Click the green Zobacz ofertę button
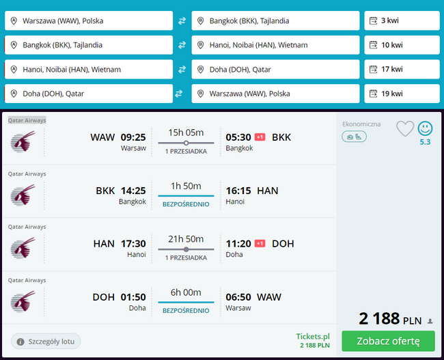pos(388,341)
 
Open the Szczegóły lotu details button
pos(46,342)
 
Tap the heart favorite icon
pos(405,128)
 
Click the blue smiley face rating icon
pos(425,128)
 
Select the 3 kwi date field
pos(402,20)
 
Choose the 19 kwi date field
pos(402,94)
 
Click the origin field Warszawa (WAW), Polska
pos(89,20)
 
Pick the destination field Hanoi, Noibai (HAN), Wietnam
pos(275,45)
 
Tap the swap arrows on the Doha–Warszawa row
pos(179,94)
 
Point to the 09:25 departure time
pos(133,137)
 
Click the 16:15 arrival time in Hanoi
pos(238,191)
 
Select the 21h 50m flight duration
pos(186,239)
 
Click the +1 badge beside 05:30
pos(260,137)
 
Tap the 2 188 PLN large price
pos(390,318)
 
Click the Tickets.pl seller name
pos(313,337)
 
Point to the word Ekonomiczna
pos(361,124)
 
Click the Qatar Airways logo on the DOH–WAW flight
pos(23,301)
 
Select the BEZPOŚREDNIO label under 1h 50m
pos(186,204)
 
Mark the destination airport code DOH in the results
pos(283,244)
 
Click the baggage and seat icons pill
pos(354,137)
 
